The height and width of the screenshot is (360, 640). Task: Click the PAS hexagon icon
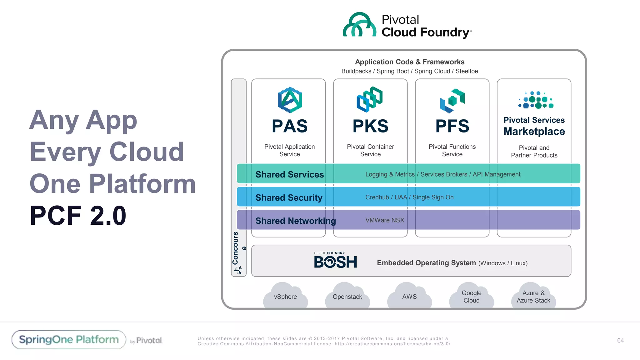click(290, 100)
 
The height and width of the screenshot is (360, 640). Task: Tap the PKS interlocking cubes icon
click(370, 99)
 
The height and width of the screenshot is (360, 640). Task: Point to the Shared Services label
click(289, 174)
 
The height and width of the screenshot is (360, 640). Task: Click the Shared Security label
click(289, 197)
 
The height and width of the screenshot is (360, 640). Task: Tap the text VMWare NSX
click(384, 220)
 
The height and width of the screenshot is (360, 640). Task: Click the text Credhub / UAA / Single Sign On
click(409, 197)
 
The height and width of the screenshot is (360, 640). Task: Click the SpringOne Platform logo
click(69, 340)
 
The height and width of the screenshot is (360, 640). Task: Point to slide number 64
click(620, 340)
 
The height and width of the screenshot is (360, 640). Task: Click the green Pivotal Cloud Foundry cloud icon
click(359, 25)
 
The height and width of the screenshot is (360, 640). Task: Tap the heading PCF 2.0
click(78, 216)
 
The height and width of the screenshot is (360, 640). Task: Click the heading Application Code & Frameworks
click(409, 62)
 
